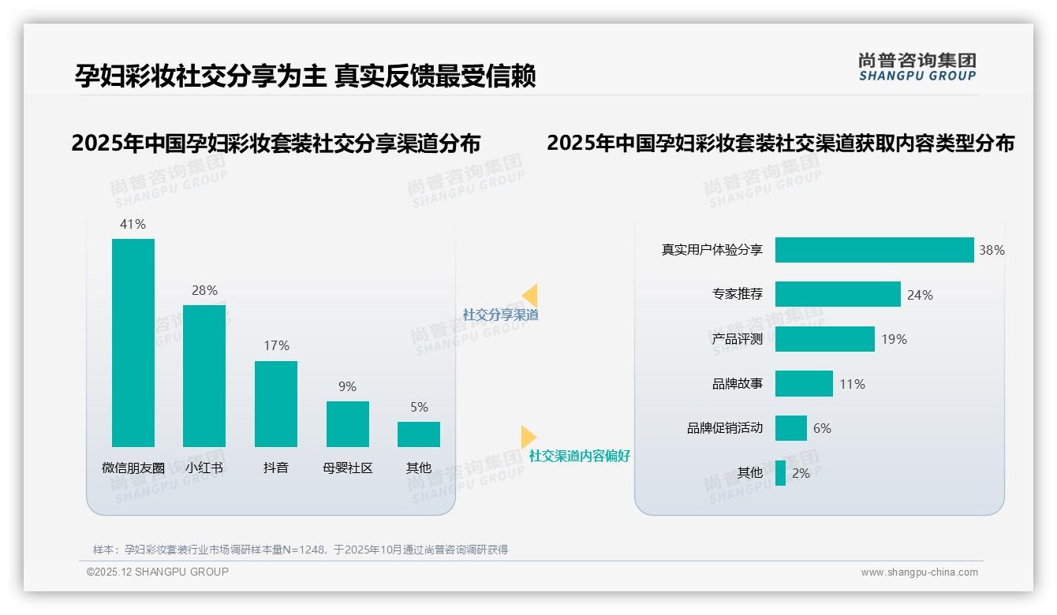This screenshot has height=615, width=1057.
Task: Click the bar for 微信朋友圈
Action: point(133,343)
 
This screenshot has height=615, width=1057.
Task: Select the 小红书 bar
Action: point(204,376)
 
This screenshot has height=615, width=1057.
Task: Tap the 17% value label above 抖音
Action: point(276,345)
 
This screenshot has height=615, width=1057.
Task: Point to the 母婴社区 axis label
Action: point(347,468)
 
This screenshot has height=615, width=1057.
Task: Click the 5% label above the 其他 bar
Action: point(419,407)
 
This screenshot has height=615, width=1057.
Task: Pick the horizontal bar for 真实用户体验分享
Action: point(874,250)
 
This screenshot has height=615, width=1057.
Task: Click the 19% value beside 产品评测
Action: point(895,339)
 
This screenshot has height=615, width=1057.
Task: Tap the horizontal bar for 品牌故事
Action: point(804,384)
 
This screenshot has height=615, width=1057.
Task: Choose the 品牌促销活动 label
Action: point(725,428)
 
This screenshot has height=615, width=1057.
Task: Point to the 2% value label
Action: point(801,473)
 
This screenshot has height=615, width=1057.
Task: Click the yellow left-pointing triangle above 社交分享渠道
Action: point(529,296)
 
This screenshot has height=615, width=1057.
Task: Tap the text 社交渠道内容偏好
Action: point(580,456)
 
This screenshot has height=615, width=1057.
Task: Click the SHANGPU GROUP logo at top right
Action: point(917,67)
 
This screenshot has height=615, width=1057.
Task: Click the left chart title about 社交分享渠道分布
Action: point(275,143)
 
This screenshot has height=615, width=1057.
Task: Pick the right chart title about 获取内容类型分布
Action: point(780,143)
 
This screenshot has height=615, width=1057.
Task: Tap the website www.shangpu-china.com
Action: point(919,572)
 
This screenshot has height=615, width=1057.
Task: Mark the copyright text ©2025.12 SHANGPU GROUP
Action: point(158,572)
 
